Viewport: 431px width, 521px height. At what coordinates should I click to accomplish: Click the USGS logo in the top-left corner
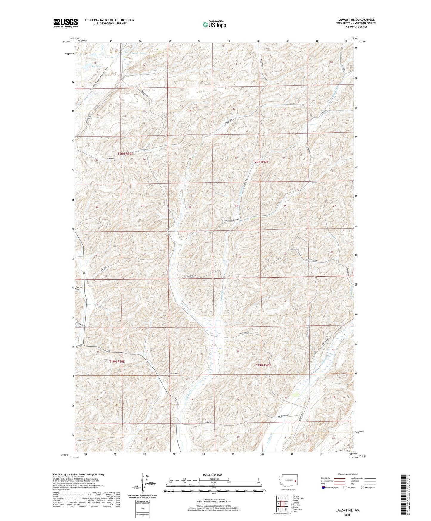[66, 23]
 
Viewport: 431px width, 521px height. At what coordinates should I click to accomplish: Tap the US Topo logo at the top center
[214, 24]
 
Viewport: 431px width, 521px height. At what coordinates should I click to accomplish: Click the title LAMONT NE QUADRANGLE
[356, 20]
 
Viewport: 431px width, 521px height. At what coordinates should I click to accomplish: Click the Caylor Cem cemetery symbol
[169, 377]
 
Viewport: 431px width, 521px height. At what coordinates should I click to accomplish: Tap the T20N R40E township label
[261, 162]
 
